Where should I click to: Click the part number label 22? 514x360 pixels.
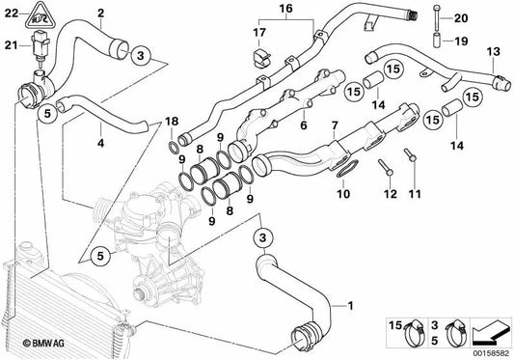(x=10, y=11)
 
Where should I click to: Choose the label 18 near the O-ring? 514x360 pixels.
(x=171, y=120)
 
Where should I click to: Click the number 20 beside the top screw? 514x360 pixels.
(x=459, y=18)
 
